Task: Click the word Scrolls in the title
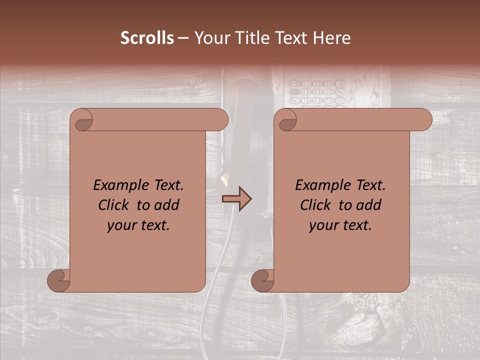click(x=147, y=38)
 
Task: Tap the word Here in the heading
click(x=331, y=38)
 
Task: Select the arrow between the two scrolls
click(x=237, y=199)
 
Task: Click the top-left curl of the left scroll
click(x=82, y=120)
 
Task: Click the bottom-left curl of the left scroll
click(x=59, y=280)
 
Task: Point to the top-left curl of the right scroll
click(x=286, y=120)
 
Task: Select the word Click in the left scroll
click(x=115, y=205)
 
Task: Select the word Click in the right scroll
click(x=317, y=205)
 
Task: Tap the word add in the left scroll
click(x=167, y=205)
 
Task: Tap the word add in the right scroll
click(x=369, y=205)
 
